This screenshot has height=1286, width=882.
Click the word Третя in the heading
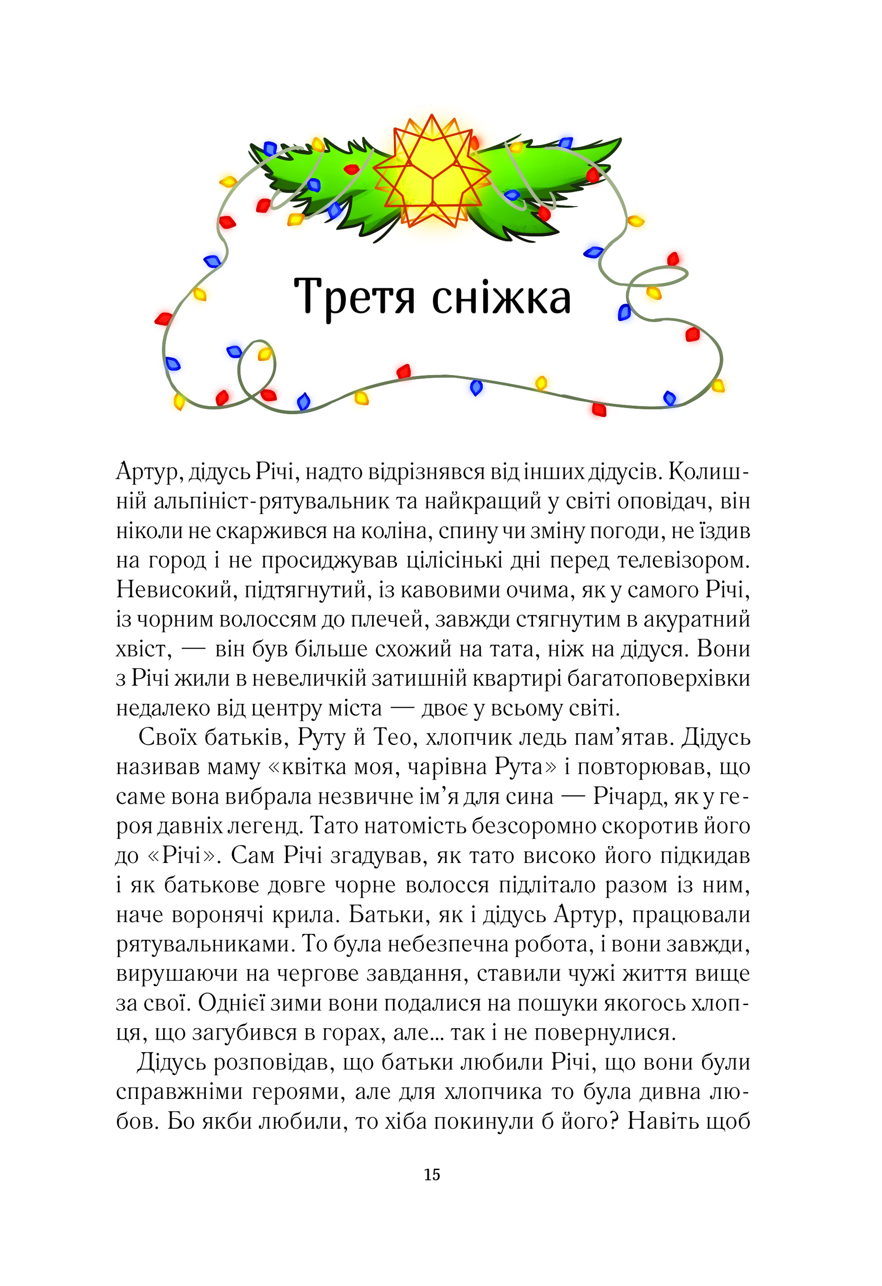(354, 297)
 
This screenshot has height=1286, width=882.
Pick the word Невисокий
(173, 590)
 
